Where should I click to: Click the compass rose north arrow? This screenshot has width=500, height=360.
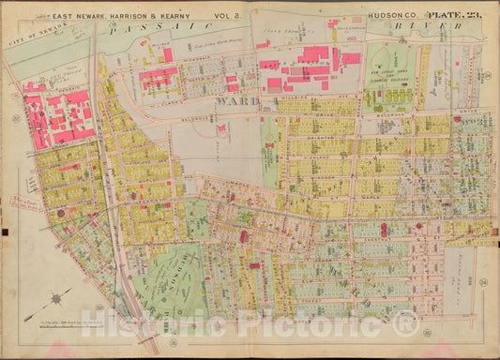pos(58,298)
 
